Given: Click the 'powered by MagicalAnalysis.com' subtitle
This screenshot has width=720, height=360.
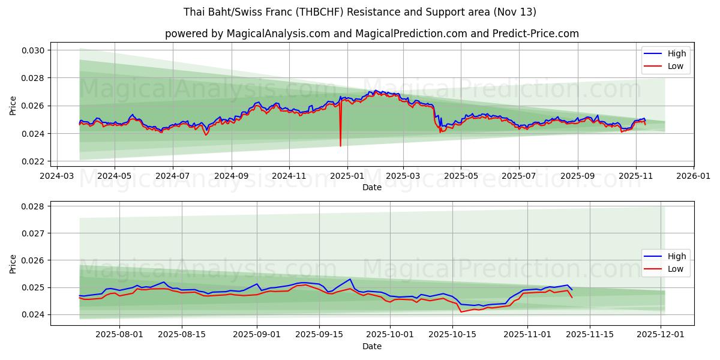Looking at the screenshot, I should (x=372, y=34).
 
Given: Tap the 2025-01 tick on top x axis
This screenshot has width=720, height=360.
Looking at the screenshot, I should (x=347, y=177).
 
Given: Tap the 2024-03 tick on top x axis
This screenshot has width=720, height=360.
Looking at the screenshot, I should (x=57, y=177).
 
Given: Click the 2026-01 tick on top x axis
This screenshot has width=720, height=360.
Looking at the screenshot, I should (x=693, y=177).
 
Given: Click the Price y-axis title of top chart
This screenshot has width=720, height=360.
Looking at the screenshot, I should (x=13, y=106).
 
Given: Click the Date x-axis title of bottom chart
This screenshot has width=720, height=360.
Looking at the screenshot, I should (x=372, y=347).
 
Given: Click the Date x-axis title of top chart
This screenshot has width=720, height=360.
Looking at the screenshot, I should (x=372, y=187).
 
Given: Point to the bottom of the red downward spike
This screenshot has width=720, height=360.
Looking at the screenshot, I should (x=340, y=146).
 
